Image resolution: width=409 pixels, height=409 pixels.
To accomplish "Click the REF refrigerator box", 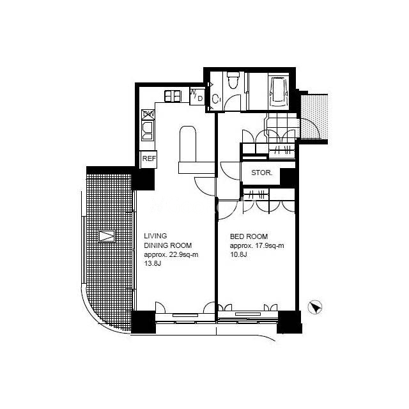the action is click(149, 159).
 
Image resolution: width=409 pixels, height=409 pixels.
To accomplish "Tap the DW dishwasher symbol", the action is click(148, 115).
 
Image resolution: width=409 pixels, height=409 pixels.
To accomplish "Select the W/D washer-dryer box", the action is click(197, 96).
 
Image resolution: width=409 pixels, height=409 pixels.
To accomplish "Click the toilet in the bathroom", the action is click(233, 81).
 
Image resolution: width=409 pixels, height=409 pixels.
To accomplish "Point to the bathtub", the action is click(279, 91).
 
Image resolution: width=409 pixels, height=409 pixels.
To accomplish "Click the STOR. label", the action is click(262, 173).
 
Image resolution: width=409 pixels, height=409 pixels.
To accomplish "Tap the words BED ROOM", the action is click(249, 236).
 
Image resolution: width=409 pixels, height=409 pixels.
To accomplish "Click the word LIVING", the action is click(155, 236).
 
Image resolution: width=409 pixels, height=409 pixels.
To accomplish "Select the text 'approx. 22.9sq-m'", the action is click(171, 254).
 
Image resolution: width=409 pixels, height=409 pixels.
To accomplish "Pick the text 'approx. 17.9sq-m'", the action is click(257, 245).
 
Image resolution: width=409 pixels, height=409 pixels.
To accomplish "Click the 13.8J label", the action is click(153, 263).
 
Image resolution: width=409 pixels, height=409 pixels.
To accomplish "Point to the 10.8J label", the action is click(238, 254).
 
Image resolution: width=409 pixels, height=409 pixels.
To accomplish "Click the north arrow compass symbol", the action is click(315, 307).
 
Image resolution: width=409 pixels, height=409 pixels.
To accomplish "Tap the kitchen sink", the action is click(148, 130).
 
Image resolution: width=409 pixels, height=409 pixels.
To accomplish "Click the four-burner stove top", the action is click(173, 96).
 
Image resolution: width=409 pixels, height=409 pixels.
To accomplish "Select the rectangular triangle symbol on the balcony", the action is click(107, 236).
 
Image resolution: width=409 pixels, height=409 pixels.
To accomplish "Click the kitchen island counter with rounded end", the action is click(188, 144).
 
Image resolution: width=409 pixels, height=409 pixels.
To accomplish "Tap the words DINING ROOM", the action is click(168, 245).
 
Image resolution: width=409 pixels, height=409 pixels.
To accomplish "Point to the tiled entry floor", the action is click(282, 125).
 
